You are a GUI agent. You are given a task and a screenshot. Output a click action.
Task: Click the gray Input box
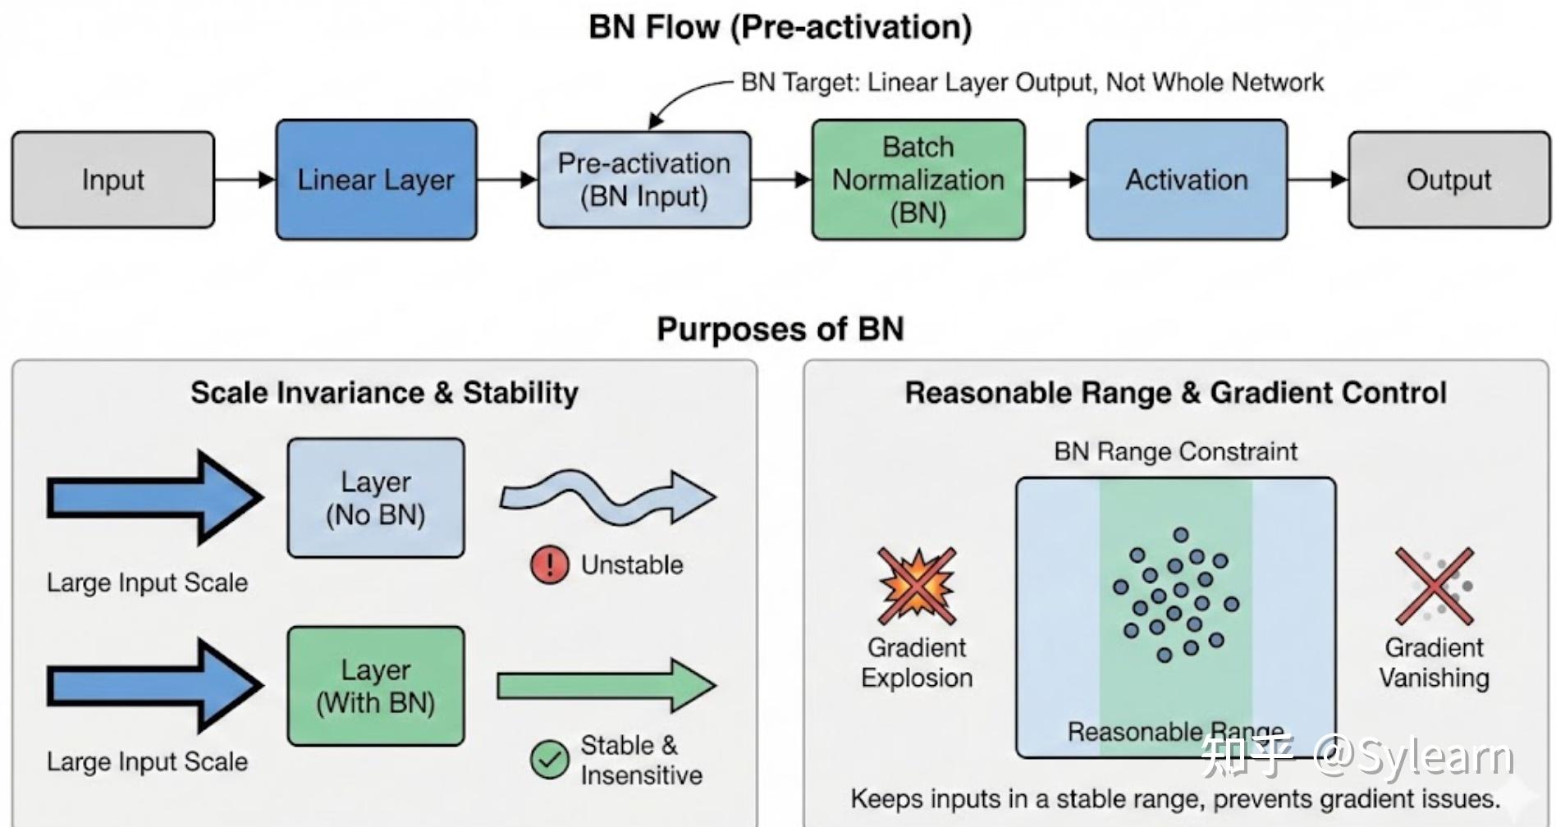pos(113,180)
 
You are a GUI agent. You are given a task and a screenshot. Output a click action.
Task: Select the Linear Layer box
pos(376,180)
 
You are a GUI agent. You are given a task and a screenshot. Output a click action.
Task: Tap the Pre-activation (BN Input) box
pos(644,180)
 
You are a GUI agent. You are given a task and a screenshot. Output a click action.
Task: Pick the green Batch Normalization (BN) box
pos(918,180)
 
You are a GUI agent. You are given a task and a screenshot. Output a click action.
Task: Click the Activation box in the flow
pos(1187,180)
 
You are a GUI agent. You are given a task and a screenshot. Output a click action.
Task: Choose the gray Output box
pos(1449,180)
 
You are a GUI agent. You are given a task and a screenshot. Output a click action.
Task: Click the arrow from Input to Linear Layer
pos(245,180)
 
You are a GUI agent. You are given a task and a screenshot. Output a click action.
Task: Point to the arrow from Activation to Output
pos(1318,180)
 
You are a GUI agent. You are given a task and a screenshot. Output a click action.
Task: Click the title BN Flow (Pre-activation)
pos(780,27)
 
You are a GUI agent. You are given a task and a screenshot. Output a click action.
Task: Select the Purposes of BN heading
pos(780,329)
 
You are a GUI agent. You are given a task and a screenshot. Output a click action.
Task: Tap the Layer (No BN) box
pos(376,498)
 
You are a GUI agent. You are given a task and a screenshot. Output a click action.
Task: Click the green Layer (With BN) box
pos(376,686)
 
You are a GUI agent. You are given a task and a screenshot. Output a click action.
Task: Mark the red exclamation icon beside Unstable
pos(549,564)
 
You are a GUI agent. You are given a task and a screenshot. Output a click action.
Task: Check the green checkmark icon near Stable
pos(549,760)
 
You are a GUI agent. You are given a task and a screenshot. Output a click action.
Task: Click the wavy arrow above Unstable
pos(608,496)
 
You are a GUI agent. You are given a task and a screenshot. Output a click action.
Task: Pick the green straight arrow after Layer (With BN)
pos(606,685)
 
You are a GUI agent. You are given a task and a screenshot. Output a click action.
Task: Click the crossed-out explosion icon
pos(917,586)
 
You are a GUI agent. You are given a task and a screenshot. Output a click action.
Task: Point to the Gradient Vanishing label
pos(1434,663)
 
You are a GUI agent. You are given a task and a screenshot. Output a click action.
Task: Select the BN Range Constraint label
pos(1176,451)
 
